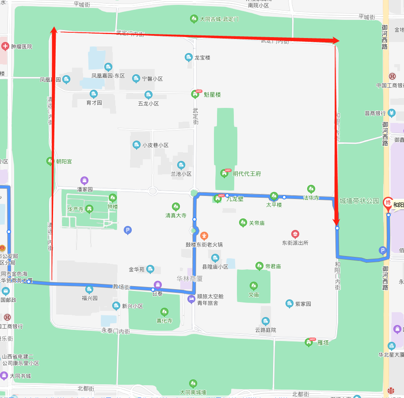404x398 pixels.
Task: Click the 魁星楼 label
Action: (212, 95)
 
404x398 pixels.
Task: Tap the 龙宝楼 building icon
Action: (189, 57)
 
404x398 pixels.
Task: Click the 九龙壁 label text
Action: (235, 199)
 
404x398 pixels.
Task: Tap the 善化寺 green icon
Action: (164, 312)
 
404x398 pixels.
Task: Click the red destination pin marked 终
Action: (388, 203)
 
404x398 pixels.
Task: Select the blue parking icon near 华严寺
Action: (128, 230)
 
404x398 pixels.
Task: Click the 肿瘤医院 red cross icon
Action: (5, 46)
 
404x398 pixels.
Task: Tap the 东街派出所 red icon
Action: (295, 234)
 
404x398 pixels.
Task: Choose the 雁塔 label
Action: (323, 342)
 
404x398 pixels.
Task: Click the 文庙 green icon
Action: (254, 286)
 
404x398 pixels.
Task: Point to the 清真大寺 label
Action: (176, 216)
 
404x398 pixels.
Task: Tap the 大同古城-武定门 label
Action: (219, 19)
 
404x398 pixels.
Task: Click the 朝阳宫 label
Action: (64, 161)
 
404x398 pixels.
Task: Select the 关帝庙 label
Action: (256, 223)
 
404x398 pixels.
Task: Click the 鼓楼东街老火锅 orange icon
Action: (204, 235)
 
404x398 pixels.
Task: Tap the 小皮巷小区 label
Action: (155, 145)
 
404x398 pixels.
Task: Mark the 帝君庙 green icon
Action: (259, 266)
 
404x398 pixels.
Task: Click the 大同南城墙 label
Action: (193, 392)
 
